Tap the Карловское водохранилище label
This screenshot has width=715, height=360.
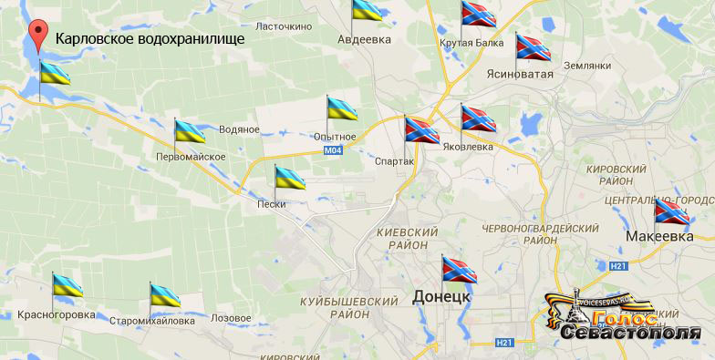(150, 40)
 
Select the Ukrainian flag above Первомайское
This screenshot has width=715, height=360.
(190, 131)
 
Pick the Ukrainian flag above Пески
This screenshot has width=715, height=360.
(290, 178)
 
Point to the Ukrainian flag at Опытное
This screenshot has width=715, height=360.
(342, 108)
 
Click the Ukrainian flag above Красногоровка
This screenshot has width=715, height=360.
(67, 286)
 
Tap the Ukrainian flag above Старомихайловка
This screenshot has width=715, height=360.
(165, 295)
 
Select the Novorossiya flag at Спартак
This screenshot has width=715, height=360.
(421, 131)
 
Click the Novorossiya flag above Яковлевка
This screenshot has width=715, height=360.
(478, 118)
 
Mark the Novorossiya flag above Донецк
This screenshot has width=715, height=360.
(458, 268)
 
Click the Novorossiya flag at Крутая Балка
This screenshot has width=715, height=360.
(477, 14)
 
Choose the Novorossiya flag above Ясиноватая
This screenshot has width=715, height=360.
(533, 46)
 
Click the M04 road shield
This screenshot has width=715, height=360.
(334, 149)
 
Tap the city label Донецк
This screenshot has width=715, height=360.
(441, 297)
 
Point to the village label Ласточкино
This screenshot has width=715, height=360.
(284, 26)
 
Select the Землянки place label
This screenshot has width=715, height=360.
(586, 66)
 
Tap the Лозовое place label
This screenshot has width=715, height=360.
(231, 319)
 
